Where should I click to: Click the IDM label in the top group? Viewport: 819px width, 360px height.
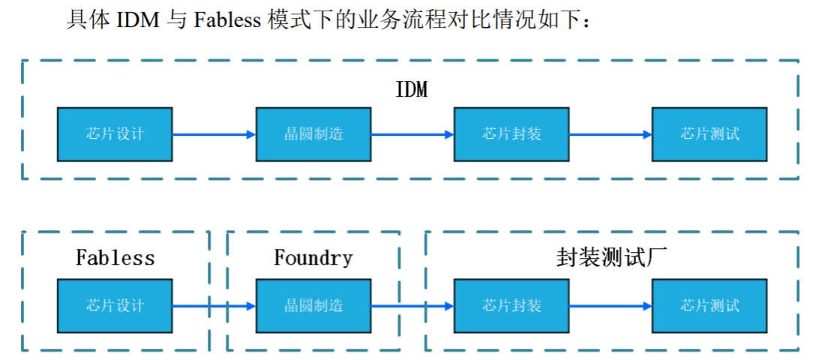pyautogui.click(x=412, y=89)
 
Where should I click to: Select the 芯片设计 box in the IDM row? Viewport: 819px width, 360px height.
pyautogui.click(x=115, y=134)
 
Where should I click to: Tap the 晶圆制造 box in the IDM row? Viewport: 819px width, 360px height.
pyautogui.click(x=313, y=134)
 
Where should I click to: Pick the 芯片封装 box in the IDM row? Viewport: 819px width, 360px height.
pyautogui.click(x=511, y=134)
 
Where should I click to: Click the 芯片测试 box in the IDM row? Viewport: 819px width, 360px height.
pyautogui.click(x=709, y=134)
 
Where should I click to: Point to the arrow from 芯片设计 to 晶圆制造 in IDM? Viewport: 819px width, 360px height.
pyautogui.click(x=214, y=134)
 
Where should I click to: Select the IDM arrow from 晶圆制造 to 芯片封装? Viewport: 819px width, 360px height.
pyautogui.click(x=412, y=134)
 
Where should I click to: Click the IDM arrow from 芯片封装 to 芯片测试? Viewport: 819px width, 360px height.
pyautogui.click(x=610, y=134)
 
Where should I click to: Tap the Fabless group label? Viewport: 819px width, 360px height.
pyautogui.click(x=115, y=258)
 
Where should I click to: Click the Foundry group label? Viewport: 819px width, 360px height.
pyautogui.click(x=313, y=258)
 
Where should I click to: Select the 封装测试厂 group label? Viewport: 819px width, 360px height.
pyautogui.click(x=612, y=258)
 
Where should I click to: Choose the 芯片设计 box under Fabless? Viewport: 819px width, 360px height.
pyautogui.click(x=115, y=306)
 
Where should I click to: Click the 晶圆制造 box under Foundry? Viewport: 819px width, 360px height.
pyautogui.click(x=313, y=306)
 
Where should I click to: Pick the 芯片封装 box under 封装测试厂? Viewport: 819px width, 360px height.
pyautogui.click(x=511, y=306)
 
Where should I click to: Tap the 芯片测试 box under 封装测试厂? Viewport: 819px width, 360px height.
pyautogui.click(x=709, y=306)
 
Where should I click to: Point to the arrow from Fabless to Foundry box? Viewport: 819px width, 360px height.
pyautogui.click(x=214, y=306)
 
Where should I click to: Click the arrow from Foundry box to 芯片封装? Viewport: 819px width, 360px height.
pyautogui.click(x=412, y=306)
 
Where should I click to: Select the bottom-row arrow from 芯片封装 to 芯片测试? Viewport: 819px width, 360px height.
pyautogui.click(x=610, y=306)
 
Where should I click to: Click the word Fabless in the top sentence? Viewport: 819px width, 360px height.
pyautogui.click(x=227, y=20)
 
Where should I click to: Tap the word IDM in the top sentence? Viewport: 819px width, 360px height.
pyautogui.click(x=138, y=20)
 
